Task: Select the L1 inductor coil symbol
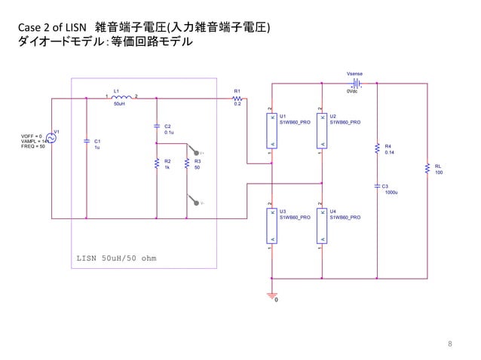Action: click(121, 96)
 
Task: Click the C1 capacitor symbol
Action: click(87, 141)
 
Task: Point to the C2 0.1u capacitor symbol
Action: click(156, 126)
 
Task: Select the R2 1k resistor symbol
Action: click(156, 163)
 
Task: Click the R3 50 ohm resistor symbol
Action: click(186, 163)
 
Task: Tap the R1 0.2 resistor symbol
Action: click(237, 97)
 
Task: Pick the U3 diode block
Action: click(271, 224)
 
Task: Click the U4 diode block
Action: click(321, 224)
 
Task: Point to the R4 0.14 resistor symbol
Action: click(377, 148)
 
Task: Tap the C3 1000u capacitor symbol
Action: click(377, 186)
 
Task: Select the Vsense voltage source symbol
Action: click(355, 84)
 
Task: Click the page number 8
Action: click(450, 344)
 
